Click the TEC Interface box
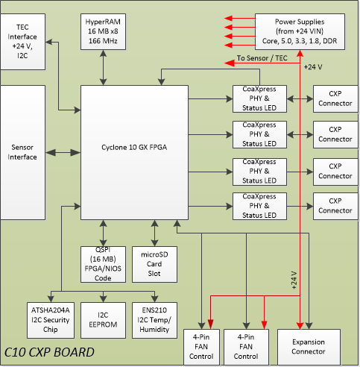pyautogui.click(x=22, y=42)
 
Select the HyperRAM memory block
pyautogui.click(x=103, y=31)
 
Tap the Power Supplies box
pyautogui.click(x=300, y=31)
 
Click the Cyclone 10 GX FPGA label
pyautogui.click(x=134, y=147)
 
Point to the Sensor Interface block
pyautogui.click(x=22, y=152)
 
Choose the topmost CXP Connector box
pyautogui.click(x=335, y=98)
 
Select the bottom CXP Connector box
pyautogui.click(x=335, y=206)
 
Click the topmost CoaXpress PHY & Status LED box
pyautogui.click(x=259, y=98)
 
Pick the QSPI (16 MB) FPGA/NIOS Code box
pyautogui.click(x=103, y=264)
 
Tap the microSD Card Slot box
pyautogui.click(x=154, y=264)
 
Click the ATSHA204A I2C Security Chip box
pyautogui.click(x=51, y=320)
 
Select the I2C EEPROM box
pyautogui.click(x=103, y=320)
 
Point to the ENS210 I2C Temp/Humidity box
pyautogui.click(x=154, y=320)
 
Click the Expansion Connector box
pyautogui.click(x=309, y=347)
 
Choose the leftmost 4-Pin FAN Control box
pyautogui.click(x=201, y=347)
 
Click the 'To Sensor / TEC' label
pyautogui.click(x=262, y=58)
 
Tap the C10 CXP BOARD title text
pyautogui.click(x=49, y=352)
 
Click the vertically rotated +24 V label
pyautogui.click(x=294, y=280)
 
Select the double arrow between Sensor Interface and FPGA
pyautogui.click(x=63, y=152)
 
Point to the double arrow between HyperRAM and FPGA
pyautogui.click(x=103, y=68)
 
